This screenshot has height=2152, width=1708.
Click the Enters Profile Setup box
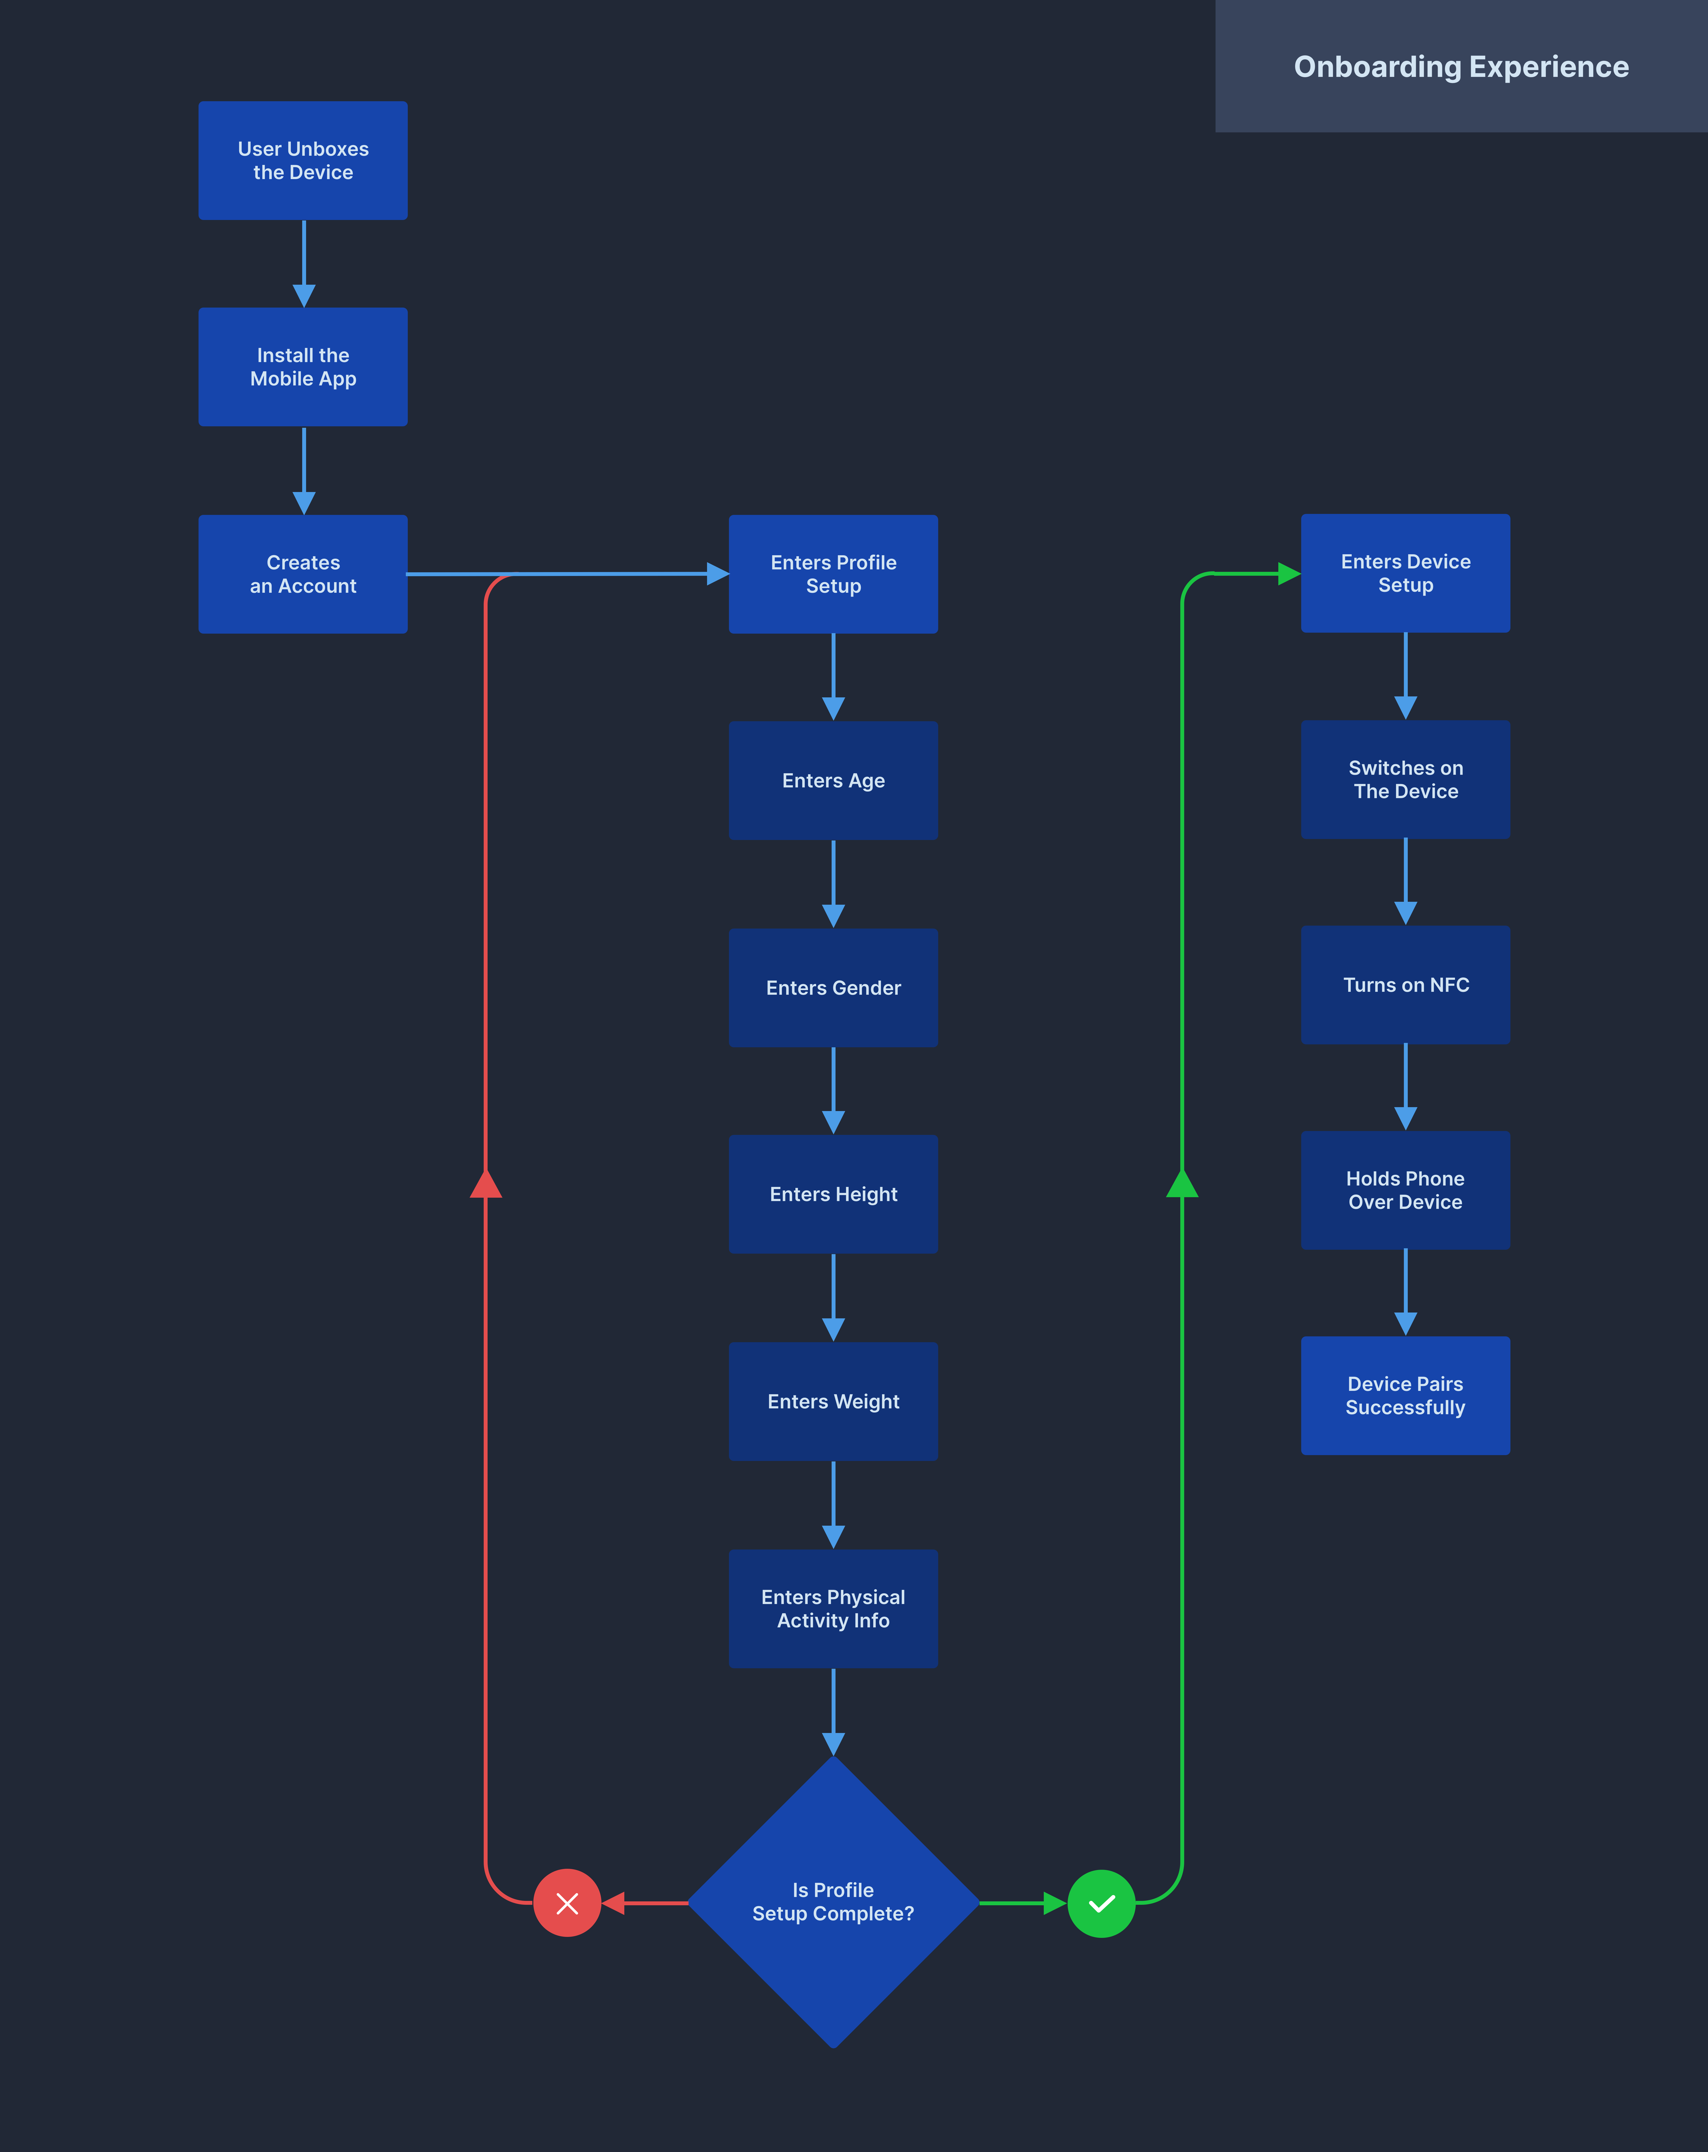834,574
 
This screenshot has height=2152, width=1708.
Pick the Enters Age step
834,781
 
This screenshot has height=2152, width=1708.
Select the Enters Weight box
834,1401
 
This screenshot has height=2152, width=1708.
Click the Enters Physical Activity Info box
834,1608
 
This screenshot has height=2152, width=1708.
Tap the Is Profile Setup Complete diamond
834,1902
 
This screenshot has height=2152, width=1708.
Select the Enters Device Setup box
1406,573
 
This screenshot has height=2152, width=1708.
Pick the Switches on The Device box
1406,780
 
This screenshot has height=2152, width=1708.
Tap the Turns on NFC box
1406,985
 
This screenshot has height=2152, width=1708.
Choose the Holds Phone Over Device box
1406,1190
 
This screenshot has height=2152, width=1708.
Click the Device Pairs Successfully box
1406,1395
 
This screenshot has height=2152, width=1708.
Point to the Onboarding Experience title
1462,67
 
